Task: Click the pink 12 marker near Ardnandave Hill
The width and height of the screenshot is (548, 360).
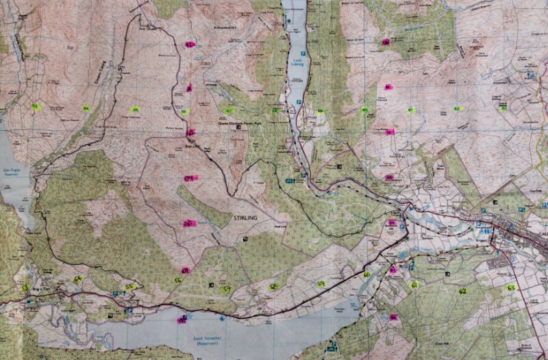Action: pyautogui.click(x=190, y=44)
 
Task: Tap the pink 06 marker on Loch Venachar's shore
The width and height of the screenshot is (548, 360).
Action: pyautogui.click(x=182, y=319)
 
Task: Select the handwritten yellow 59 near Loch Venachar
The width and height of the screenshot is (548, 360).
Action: pyautogui.click(x=321, y=283)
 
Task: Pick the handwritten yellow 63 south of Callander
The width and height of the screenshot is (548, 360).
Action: pyautogui.click(x=510, y=287)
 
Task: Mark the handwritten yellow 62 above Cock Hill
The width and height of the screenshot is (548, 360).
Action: pyautogui.click(x=462, y=291)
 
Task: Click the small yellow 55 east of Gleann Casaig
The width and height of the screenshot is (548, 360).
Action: pyautogui.click(x=134, y=110)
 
